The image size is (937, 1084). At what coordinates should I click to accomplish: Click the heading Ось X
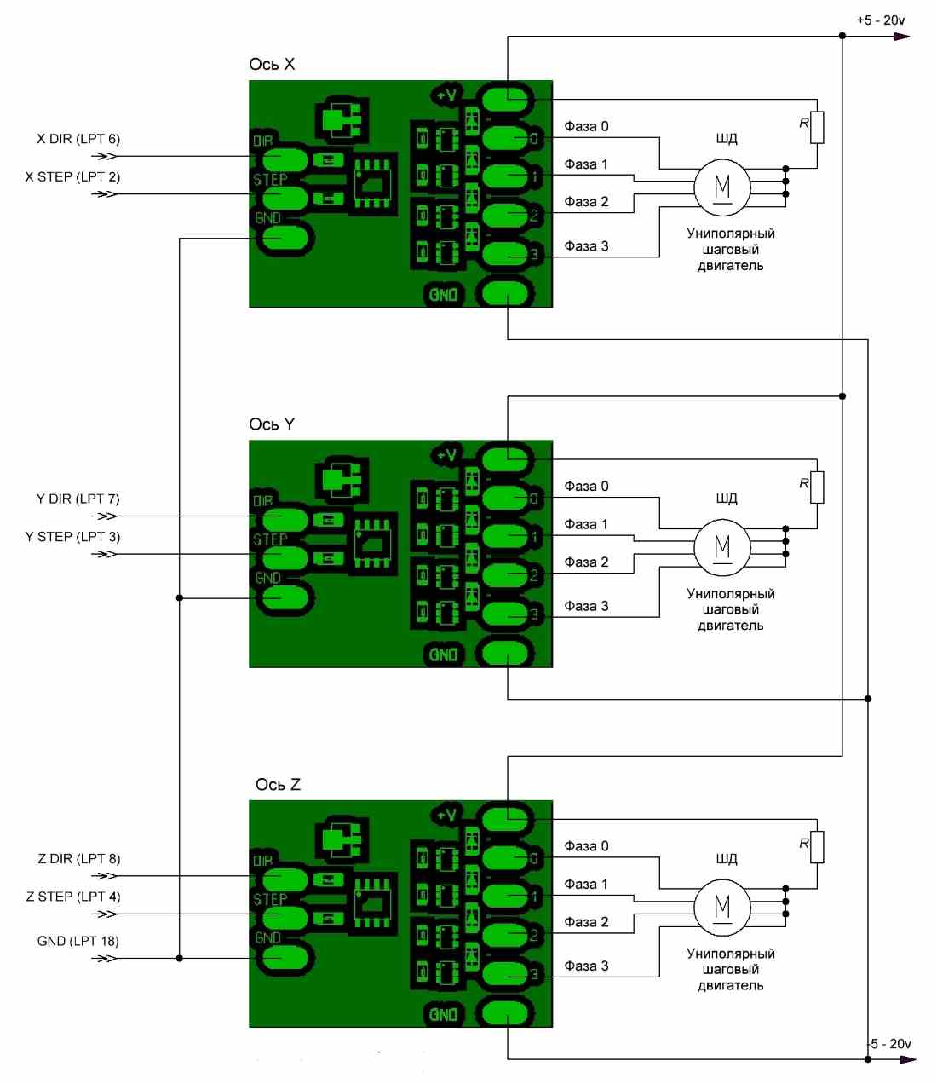tap(272, 65)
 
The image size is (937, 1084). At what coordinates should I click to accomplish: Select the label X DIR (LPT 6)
tap(78, 139)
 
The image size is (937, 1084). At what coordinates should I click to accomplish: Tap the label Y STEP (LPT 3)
tap(72, 537)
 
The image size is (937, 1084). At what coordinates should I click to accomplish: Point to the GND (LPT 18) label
tap(78, 941)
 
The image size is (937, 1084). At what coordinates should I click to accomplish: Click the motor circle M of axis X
tap(722, 187)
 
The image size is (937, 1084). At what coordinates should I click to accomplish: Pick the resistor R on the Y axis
tap(817, 487)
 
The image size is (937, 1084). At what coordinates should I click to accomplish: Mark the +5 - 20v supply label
tap(881, 20)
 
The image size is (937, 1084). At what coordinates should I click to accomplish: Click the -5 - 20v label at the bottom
tap(889, 1043)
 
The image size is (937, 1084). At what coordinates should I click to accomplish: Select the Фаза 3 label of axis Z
tap(586, 966)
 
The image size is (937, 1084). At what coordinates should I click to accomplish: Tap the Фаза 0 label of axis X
tap(586, 126)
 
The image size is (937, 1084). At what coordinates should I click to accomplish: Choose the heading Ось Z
tap(278, 785)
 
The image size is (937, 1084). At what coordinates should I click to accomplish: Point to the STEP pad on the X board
tap(285, 199)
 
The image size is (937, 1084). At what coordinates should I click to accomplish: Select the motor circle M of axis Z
tap(722, 908)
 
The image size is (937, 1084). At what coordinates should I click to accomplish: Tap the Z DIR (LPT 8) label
tap(78, 858)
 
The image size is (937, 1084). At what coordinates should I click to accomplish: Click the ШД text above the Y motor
tap(726, 499)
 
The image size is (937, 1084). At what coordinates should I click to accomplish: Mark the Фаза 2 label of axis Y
tap(586, 562)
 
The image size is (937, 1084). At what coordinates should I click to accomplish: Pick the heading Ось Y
tap(272, 424)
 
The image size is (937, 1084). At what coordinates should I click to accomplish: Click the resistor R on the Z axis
tap(817, 847)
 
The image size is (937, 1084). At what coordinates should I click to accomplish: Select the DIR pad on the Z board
tap(285, 879)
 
